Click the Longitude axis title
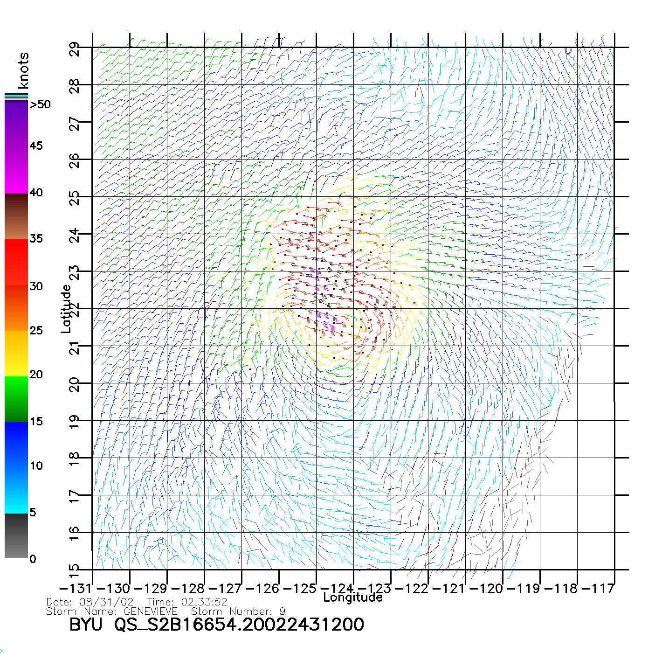point(353,597)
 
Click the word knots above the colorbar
point(23,70)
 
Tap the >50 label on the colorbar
point(40,104)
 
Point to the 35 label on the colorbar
point(36,239)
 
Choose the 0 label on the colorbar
point(33,559)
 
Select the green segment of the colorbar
point(16,399)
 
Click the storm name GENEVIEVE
point(151,611)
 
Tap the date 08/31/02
point(107,602)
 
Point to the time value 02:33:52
point(201,602)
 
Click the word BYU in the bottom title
point(86,624)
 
